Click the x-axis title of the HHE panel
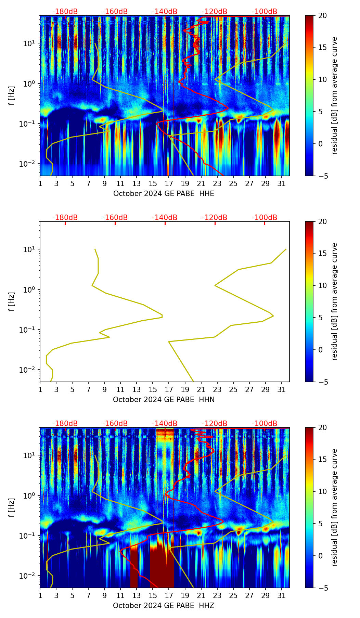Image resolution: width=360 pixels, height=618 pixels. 164,194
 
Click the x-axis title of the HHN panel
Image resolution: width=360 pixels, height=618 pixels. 164,400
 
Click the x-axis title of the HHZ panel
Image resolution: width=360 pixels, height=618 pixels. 164,606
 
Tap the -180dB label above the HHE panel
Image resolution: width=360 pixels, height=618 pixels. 65,12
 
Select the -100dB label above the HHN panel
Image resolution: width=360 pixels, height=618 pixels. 265,218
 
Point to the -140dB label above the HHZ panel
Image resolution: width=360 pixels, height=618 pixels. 165,424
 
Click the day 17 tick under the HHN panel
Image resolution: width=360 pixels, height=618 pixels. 169,390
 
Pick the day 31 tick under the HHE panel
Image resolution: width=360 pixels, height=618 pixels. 281,184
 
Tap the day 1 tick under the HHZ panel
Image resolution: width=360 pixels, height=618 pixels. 40,596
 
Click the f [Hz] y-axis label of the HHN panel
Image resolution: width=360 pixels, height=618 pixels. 12,301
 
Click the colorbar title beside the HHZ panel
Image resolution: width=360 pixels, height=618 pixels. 335,507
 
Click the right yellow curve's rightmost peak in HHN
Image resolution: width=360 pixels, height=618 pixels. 286,249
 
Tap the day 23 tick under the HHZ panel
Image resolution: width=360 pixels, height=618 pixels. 217,596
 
